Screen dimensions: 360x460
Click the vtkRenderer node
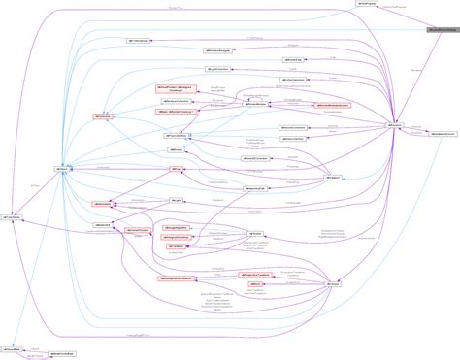coord(395,126)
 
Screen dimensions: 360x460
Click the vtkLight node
coord(178,200)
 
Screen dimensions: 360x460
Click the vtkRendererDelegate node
coord(218,49)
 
